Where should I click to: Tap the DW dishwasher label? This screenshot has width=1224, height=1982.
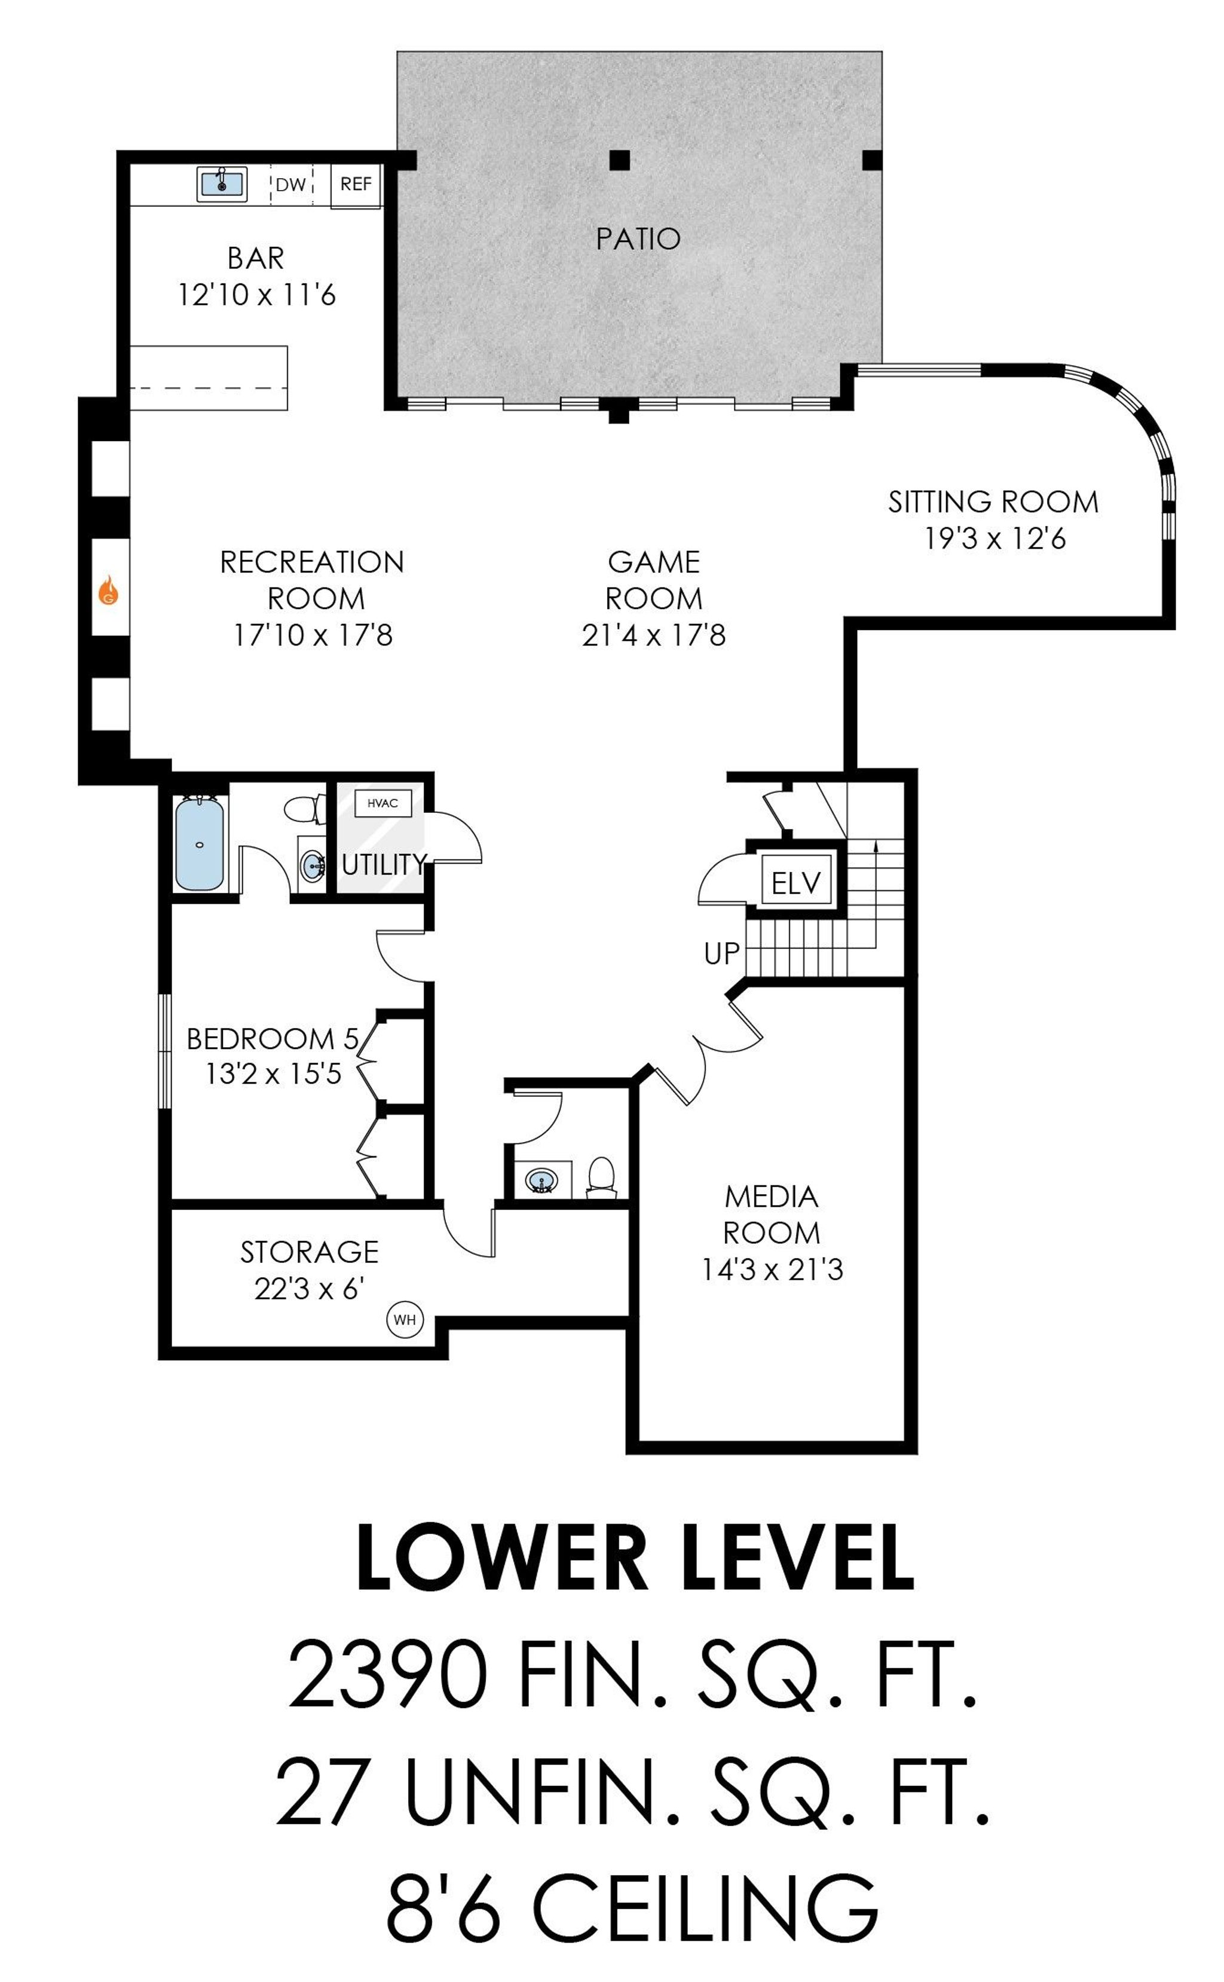(290, 185)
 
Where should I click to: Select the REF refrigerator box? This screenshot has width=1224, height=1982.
(356, 185)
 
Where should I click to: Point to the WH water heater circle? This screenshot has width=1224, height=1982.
(405, 1320)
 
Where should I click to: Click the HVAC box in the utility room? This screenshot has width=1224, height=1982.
(383, 803)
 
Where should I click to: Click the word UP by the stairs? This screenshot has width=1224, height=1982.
(721, 954)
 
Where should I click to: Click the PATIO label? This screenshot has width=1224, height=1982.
(638, 239)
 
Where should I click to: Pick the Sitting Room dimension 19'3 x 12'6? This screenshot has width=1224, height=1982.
(995, 539)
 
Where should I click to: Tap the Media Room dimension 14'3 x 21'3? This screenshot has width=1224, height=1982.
(772, 1270)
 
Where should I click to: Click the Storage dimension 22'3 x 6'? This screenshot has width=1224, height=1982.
(308, 1288)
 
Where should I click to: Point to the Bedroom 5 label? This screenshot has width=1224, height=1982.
(272, 1039)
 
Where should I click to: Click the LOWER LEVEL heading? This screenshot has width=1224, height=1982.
(635, 1558)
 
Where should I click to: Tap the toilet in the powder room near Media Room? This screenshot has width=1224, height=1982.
(601, 1177)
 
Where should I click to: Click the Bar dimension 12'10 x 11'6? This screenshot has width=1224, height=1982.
(256, 295)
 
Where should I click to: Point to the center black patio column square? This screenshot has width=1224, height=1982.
(619, 160)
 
